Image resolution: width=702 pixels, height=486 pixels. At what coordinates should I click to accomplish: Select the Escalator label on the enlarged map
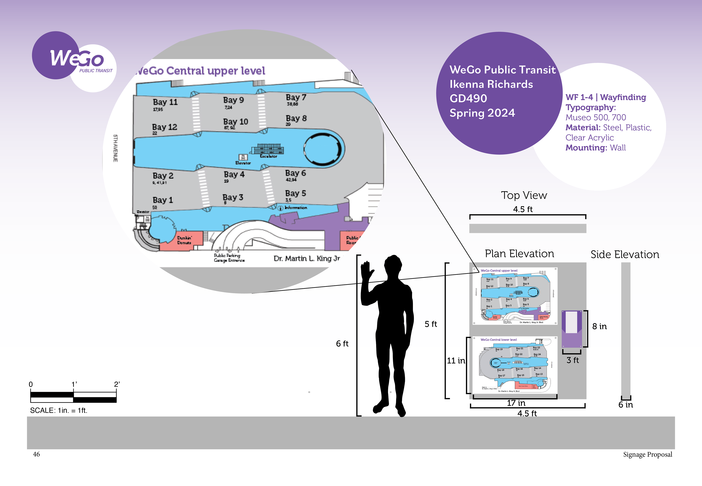268,156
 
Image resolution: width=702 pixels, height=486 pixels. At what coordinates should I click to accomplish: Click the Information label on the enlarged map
296,208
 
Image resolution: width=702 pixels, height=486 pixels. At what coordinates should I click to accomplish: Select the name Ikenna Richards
491,84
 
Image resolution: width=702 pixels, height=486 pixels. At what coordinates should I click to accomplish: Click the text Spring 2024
482,113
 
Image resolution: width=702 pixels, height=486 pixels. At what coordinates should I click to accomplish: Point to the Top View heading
524,195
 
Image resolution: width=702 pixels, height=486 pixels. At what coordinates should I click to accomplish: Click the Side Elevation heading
625,255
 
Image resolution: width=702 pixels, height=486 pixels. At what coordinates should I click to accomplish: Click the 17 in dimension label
516,403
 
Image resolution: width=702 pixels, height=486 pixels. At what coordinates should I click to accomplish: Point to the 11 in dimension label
456,361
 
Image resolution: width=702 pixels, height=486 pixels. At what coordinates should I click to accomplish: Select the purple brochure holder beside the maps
572,329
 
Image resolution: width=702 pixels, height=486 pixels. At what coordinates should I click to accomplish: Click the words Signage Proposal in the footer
648,454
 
